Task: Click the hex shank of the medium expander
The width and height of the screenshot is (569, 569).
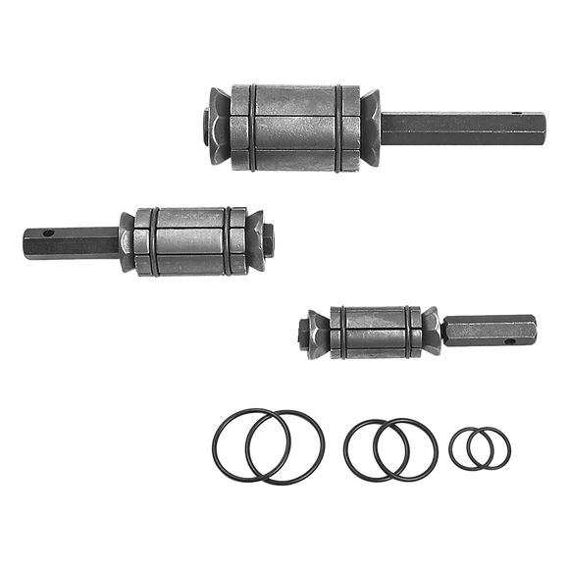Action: coord(69,242)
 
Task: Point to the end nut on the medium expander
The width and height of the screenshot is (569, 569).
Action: coord(268,236)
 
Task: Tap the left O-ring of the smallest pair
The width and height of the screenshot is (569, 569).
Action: coord(448,451)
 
